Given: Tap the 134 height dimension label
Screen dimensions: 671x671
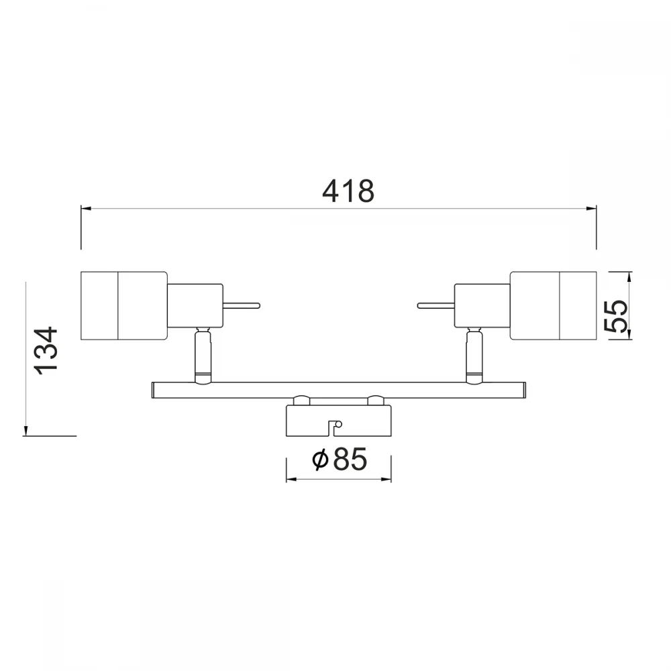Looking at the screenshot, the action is click(x=46, y=351).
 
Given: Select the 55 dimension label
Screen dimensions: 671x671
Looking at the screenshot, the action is click(x=616, y=316).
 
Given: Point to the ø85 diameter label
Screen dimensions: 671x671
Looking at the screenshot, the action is click(x=340, y=459).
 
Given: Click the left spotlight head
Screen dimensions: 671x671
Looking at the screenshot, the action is click(x=123, y=305).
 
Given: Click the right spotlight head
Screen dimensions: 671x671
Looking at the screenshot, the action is click(x=553, y=305).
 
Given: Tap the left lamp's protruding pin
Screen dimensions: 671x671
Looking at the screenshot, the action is click(x=242, y=305).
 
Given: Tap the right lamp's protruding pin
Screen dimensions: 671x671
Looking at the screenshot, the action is click(x=435, y=305).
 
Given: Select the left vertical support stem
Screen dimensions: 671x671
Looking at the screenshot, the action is click(x=203, y=355).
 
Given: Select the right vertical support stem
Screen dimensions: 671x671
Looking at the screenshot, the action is click(x=474, y=355).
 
